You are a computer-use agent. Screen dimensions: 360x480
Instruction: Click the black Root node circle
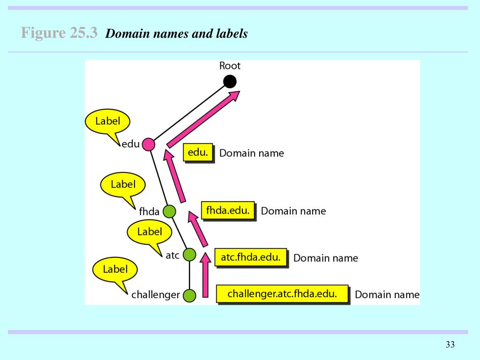click(x=229, y=82)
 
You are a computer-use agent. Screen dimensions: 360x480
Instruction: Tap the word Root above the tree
click(x=230, y=66)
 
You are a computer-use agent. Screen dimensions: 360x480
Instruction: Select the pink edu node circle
click(x=148, y=144)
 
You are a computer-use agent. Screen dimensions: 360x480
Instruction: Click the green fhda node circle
click(x=169, y=211)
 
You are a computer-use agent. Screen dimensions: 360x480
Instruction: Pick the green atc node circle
click(x=189, y=255)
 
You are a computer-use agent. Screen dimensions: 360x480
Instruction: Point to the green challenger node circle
click(x=189, y=295)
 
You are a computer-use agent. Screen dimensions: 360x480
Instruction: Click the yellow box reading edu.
click(x=198, y=153)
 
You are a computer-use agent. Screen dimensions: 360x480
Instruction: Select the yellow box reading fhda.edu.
click(x=228, y=210)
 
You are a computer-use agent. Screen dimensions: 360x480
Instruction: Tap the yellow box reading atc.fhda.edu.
click(x=250, y=257)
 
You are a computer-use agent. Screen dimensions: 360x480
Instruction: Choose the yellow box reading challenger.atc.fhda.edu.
click(x=282, y=294)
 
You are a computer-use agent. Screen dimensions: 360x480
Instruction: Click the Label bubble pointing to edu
click(x=107, y=121)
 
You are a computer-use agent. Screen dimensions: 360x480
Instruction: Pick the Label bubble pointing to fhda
click(x=123, y=185)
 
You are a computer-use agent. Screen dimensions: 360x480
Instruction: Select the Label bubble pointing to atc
click(x=150, y=232)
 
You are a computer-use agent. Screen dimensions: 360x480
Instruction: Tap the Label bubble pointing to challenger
click(x=115, y=270)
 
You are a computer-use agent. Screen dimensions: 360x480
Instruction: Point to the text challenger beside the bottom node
click(x=156, y=295)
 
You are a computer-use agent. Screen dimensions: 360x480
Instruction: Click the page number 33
click(x=450, y=345)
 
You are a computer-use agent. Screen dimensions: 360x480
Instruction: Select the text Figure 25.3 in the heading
click(x=59, y=33)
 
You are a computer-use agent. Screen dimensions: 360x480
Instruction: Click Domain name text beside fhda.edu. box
click(x=293, y=211)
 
